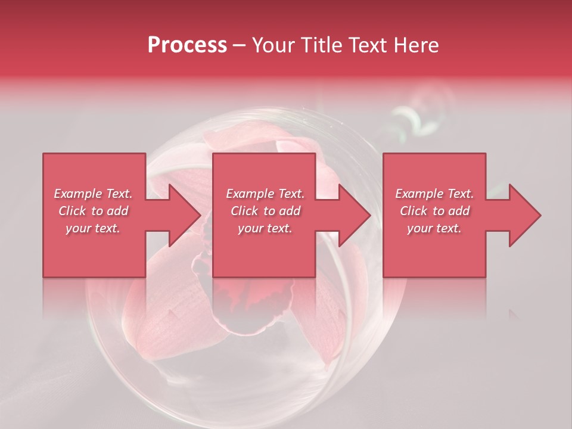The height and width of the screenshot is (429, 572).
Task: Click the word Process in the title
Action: click(187, 45)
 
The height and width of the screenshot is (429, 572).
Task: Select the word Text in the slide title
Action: click(368, 45)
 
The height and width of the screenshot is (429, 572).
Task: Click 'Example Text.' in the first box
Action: click(94, 194)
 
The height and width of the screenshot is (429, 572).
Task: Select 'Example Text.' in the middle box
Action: click(265, 194)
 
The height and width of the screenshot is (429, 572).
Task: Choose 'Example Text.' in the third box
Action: click(434, 194)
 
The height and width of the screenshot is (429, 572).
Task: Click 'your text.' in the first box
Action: click(94, 228)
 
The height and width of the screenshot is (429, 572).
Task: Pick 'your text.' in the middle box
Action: click(265, 228)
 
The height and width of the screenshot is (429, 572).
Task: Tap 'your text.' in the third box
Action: click(434, 228)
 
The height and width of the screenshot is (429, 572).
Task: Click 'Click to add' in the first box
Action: click(94, 211)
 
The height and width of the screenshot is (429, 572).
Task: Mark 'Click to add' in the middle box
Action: click(265, 211)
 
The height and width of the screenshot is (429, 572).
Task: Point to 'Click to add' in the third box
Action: click(434, 211)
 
